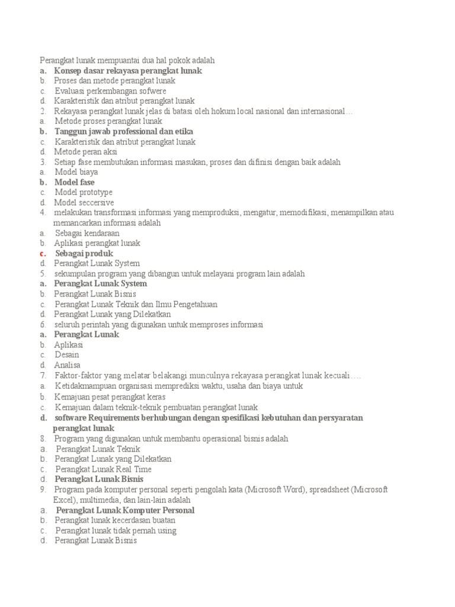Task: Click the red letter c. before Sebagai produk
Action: click(x=43, y=253)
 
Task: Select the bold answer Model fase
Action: click(x=75, y=182)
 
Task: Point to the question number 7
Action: click(x=43, y=375)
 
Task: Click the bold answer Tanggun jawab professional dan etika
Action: click(x=124, y=131)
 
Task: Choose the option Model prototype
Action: click(x=84, y=192)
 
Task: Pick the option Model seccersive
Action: click(x=85, y=202)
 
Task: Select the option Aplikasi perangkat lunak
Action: click(x=97, y=243)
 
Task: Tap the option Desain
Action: click(x=66, y=354)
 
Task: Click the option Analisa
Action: click(x=67, y=365)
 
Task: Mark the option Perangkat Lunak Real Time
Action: click(x=103, y=469)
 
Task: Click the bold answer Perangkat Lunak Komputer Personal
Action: click(x=125, y=510)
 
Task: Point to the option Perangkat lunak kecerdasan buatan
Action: click(x=115, y=520)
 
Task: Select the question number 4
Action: click(x=43, y=212)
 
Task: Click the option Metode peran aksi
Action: click(x=86, y=151)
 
